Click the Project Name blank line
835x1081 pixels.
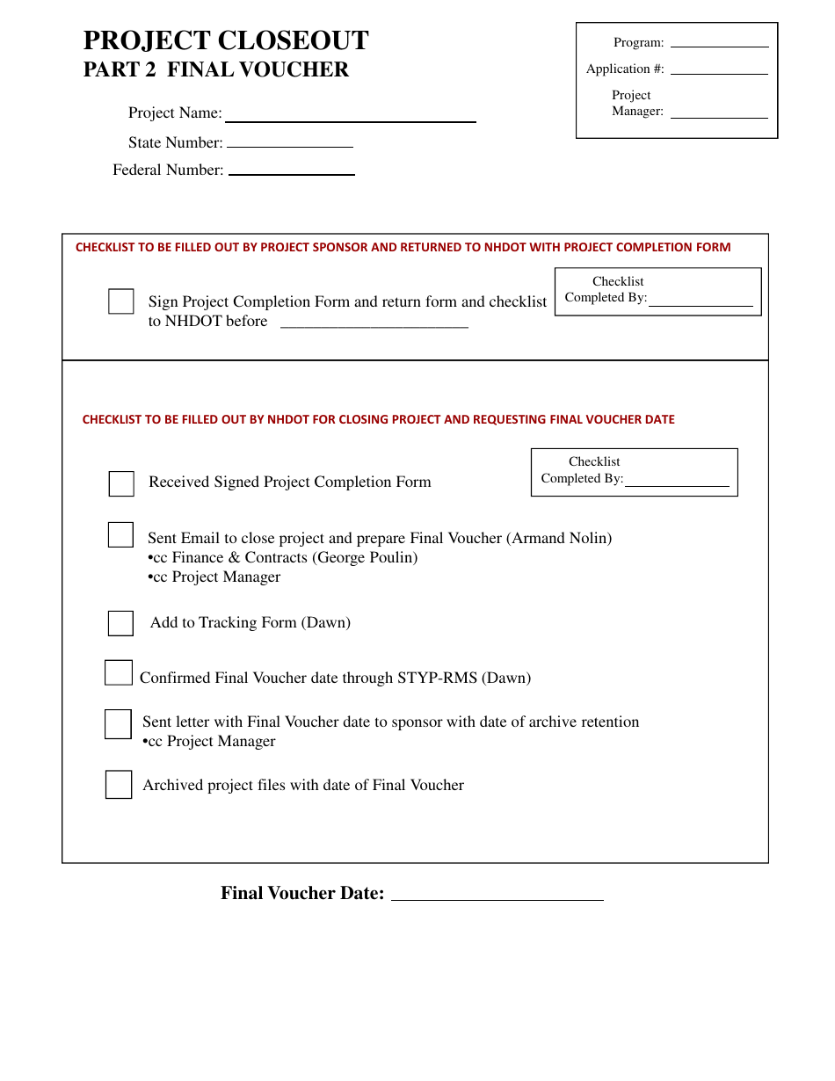(350, 116)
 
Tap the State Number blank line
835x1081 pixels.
(290, 142)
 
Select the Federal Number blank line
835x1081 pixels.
(291, 170)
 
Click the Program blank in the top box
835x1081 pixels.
(719, 42)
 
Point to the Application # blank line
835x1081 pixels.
(719, 69)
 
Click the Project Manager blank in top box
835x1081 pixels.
(719, 112)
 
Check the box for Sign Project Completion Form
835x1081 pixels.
(121, 301)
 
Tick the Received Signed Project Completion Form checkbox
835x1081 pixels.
(121, 483)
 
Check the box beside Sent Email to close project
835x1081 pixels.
(120, 534)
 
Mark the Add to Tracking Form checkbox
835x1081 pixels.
(120, 623)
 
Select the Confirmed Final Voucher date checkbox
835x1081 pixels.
(119, 673)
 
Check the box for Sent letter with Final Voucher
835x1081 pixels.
(118, 724)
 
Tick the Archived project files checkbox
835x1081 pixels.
(119, 785)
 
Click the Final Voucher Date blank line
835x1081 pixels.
(497, 895)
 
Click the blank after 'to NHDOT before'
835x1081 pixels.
(374, 323)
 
